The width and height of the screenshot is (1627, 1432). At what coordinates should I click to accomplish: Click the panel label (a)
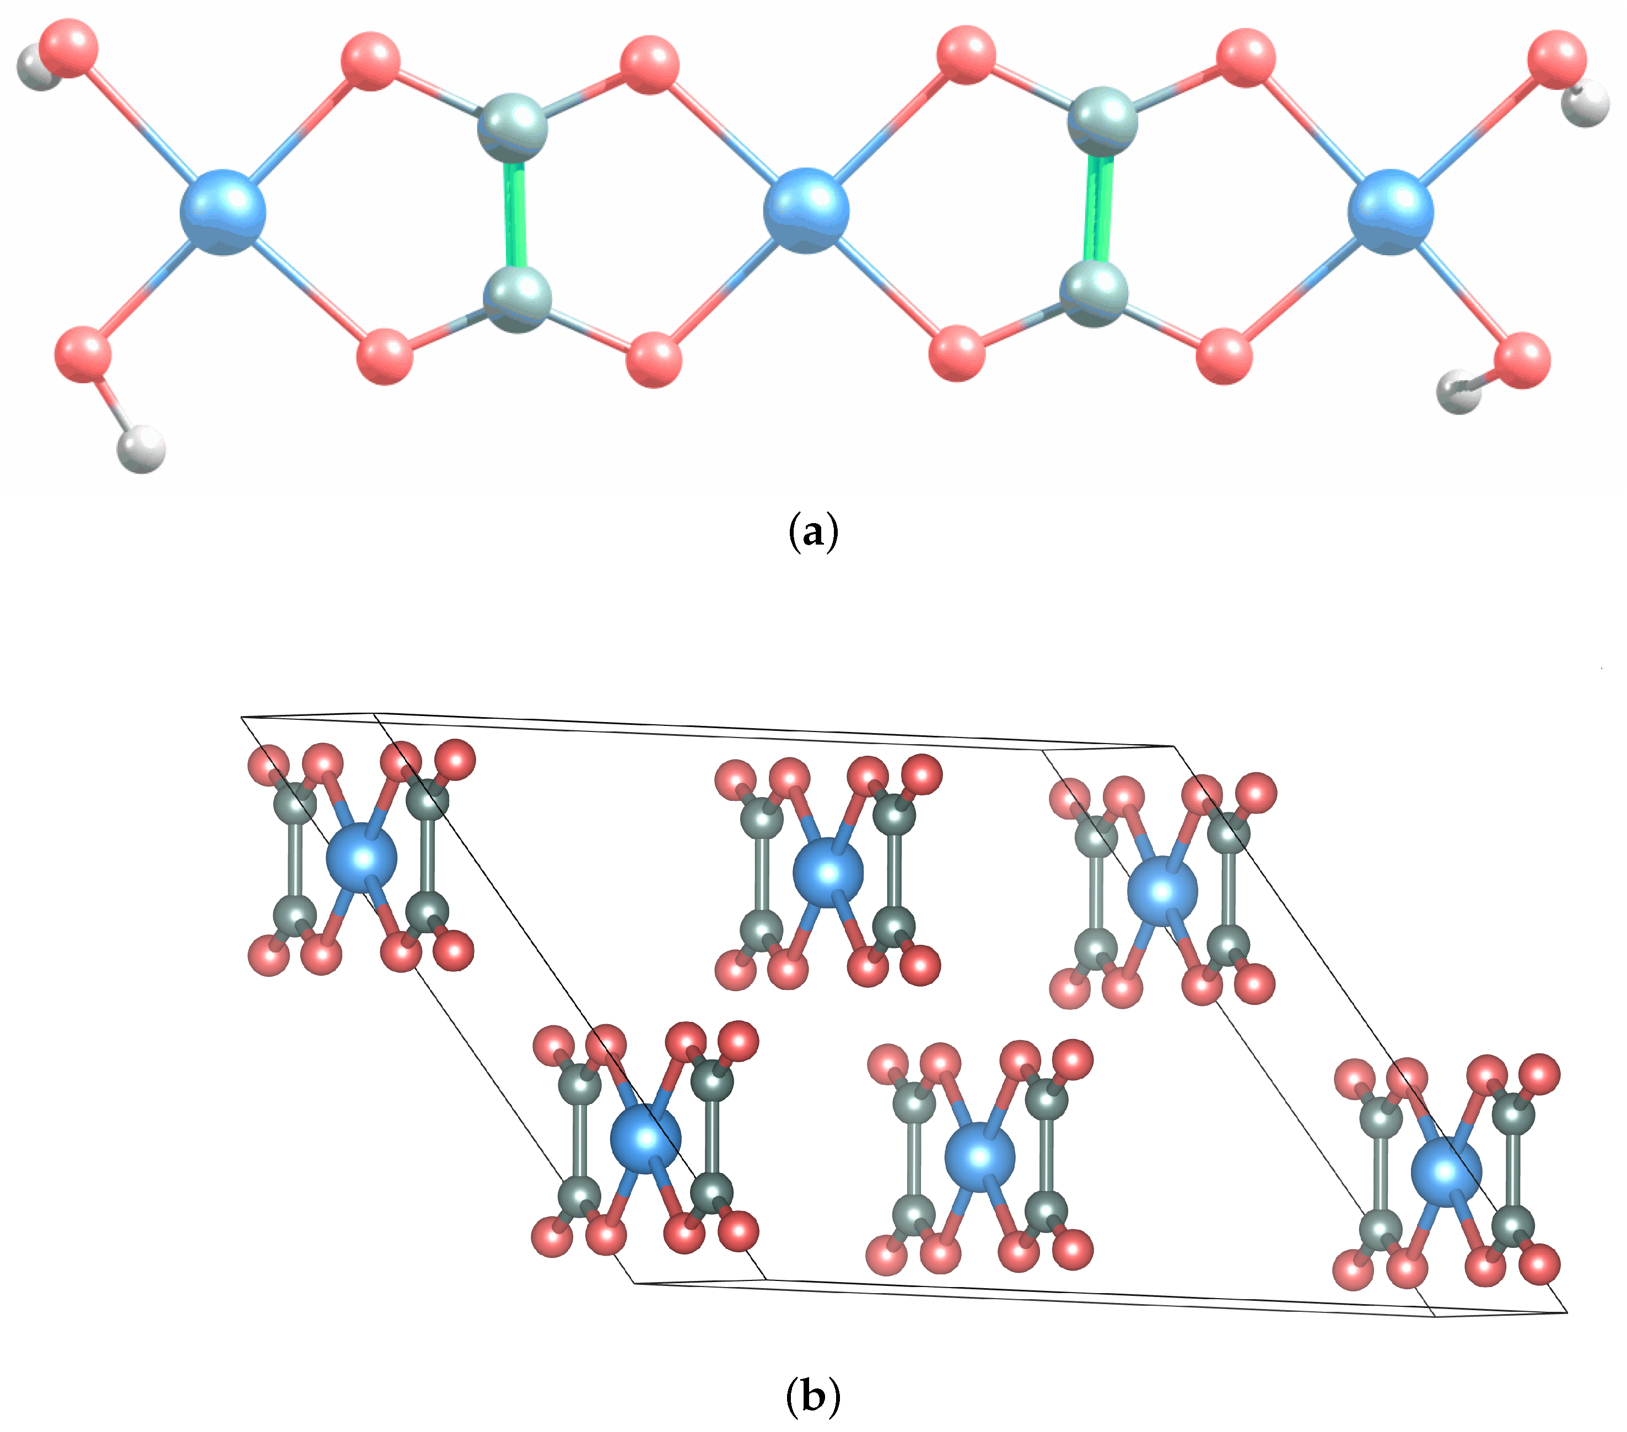813,532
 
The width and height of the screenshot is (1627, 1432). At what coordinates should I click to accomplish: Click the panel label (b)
813,1395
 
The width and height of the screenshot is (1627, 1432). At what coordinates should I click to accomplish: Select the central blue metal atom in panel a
806,210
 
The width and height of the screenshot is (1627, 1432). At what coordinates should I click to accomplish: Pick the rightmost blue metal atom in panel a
1390,212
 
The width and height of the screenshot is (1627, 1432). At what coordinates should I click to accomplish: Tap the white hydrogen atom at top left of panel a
37,68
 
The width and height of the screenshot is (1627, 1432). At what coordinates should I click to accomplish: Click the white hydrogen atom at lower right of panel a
1458,392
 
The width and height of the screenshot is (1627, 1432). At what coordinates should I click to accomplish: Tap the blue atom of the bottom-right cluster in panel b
1446,1171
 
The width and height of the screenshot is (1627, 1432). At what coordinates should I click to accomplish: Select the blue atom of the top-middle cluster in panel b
828,873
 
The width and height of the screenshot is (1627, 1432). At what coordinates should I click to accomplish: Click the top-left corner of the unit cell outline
242,717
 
